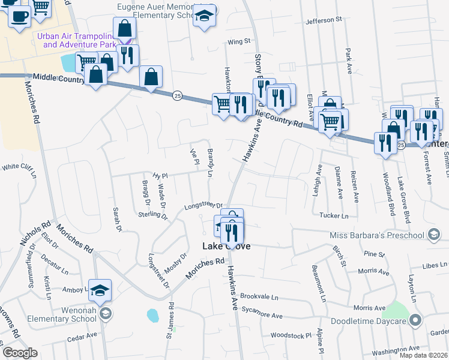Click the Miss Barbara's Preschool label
tap(377, 235)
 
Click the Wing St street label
tap(238, 41)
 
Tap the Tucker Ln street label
tap(334, 215)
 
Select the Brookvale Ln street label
tap(259, 297)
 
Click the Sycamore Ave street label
tap(261, 314)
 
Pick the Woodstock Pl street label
tap(291, 335)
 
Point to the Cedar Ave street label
tap(82, 336)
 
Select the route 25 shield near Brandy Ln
tap(177, 95)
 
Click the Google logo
tap(20, 352)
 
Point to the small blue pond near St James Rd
tap(152, 315)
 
